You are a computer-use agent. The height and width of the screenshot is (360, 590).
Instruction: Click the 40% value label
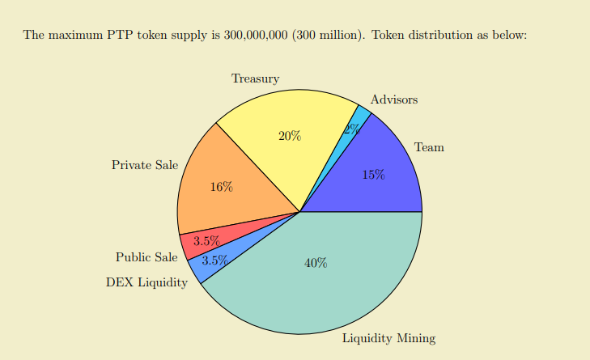pyautogui.click(x=316, y=263)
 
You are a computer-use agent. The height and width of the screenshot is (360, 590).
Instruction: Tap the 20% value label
pyautogui.click(x=290, y=136)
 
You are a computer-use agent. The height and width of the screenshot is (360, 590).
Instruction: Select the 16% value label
pyautogui.click(x=221, y=187)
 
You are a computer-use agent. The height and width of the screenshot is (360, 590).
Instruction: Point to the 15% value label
pyautogui.click(x=373, y=174)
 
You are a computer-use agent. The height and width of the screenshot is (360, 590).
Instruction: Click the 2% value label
pyautogui.click(x=351, y=129)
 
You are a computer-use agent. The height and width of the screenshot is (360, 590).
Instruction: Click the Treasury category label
pyautogui.click(x=255, y=78)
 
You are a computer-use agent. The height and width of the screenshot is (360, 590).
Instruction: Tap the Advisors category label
pyautogui.click(x=394, y=100)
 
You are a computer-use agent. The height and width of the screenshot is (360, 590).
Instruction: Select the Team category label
pyautogui.click(x=429, y=147)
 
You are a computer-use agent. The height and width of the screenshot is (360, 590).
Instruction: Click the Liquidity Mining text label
pyautogui.click(x=388, y=338)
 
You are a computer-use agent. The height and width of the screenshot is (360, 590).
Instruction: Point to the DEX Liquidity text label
pyautogui.click(x=146, y=282)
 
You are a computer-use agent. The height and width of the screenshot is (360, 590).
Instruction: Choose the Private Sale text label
pyautogui.click(x=145, y=165)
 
